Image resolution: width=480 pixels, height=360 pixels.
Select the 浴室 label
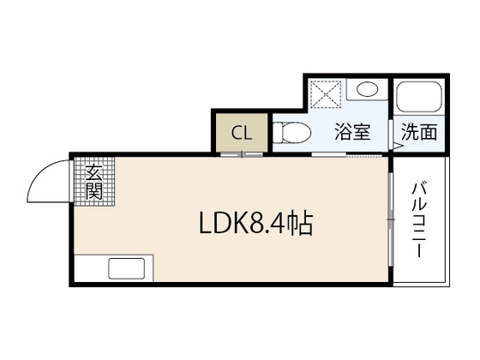click(352, 132)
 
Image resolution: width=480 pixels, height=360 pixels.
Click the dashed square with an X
click(326, 93)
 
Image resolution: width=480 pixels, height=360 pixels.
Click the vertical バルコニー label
click(420, 220)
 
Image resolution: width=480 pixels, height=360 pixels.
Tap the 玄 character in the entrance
click(93, 173)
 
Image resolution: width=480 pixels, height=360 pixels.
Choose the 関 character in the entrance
click(93, 191)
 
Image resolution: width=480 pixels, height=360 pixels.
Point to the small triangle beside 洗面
click(397, 147)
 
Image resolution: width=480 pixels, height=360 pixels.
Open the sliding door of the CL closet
click(243, 155)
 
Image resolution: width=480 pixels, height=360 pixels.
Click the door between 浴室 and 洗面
click(392, 130)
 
